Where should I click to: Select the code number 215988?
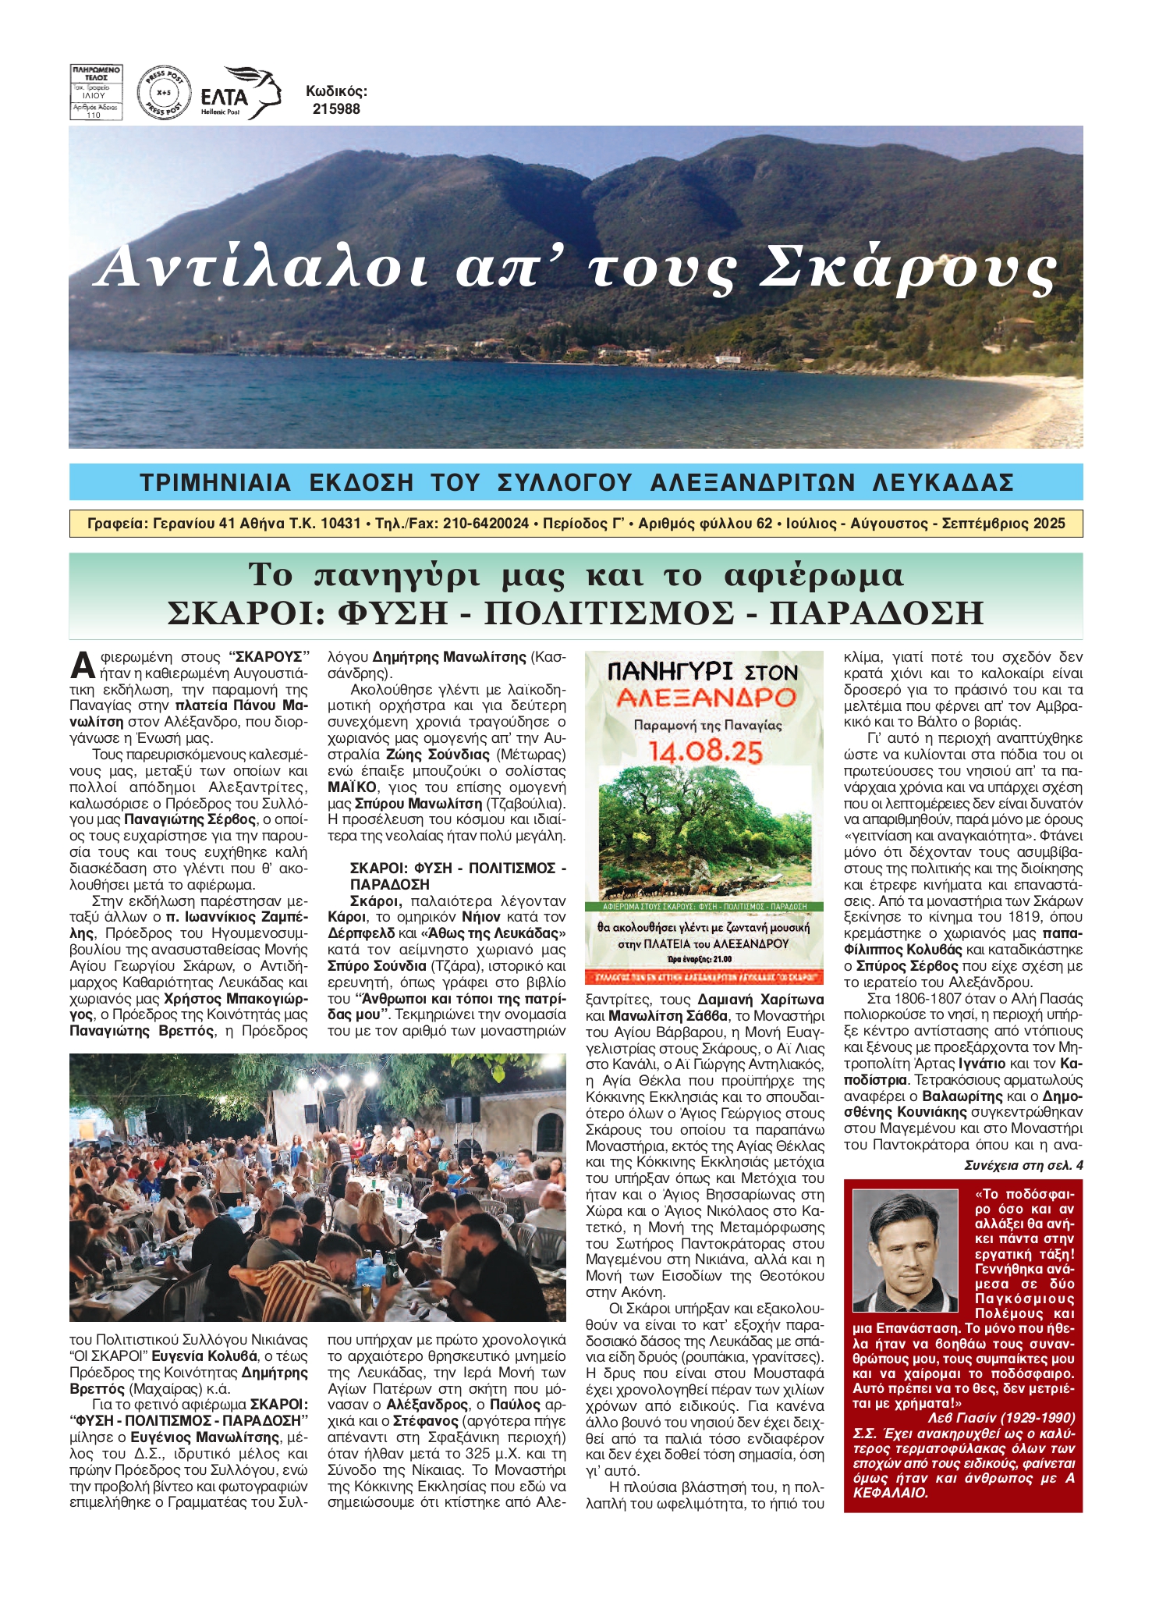[336, 109]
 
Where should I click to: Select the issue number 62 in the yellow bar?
[764, 524]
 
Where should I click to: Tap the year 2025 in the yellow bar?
[1048, 524]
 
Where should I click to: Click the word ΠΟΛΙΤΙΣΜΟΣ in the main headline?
[609, 613]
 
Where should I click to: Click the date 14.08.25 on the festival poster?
[705, 751]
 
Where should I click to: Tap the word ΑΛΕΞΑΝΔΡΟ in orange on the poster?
[704, 697]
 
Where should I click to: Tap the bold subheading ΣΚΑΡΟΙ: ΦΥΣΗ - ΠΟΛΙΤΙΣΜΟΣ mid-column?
[458, 868]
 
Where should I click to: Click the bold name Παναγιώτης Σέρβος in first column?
[190, 819]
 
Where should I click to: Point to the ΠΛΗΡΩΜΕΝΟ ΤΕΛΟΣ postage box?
[96, 92]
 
